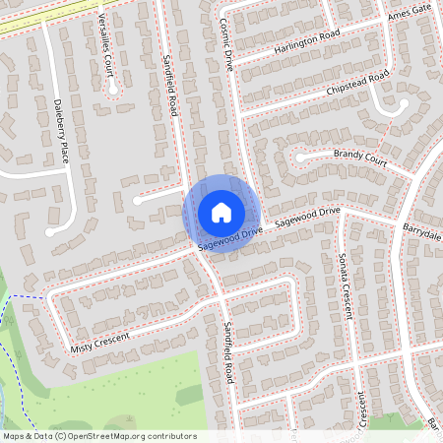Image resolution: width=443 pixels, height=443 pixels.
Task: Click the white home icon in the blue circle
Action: coord(221,212)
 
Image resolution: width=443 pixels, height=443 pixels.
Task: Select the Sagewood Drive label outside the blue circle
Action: coord(307,218)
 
